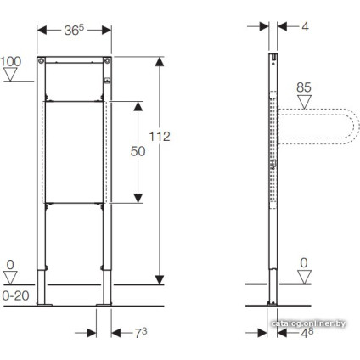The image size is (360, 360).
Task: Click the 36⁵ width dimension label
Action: click(x=74, y=31)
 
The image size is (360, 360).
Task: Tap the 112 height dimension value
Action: click(x=160, y=137)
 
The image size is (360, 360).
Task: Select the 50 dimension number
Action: click(x=138, y=151)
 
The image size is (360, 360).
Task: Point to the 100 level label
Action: click(x=11, y=62)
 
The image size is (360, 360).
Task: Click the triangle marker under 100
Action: click(x=10, y=75)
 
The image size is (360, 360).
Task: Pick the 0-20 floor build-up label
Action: click(x=15, y=295)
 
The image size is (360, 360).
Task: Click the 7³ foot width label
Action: click(x=141, y=333)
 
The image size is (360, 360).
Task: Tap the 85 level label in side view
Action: click(x=304, y=87)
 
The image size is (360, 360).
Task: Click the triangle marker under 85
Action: click(x=304, y=102)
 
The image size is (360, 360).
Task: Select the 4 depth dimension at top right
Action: click(x=305, y=27)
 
